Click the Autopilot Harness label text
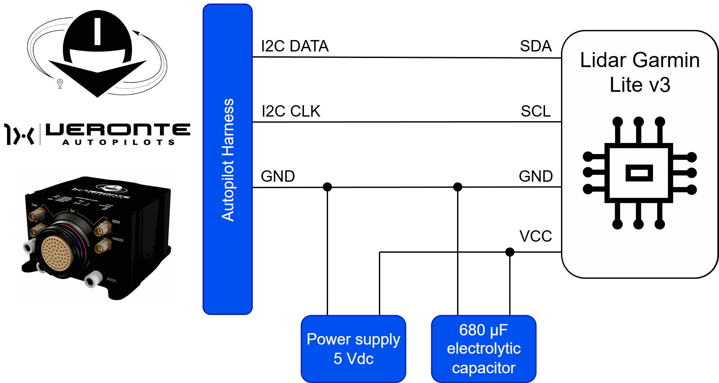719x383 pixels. [x=228, y=160]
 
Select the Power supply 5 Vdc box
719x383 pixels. [x=353, y=348]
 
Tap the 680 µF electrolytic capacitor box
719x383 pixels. [x=484, y=348]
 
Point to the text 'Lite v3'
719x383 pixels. [x=640, y=85]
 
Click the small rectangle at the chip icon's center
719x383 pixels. [x=639, y=173]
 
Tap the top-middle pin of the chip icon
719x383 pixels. [x=639, y=122]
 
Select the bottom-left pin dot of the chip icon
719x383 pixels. [x=617, y=224]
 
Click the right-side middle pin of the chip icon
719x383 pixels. [x=691, y=173]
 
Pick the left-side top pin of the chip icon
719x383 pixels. [x=588, y=157]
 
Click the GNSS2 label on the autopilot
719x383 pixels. [x=118, y=240]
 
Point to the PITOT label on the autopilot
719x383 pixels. [x=111, y=280]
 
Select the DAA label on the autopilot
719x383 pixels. [x=34, y=205]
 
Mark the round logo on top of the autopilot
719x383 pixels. [x=113, y=188]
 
